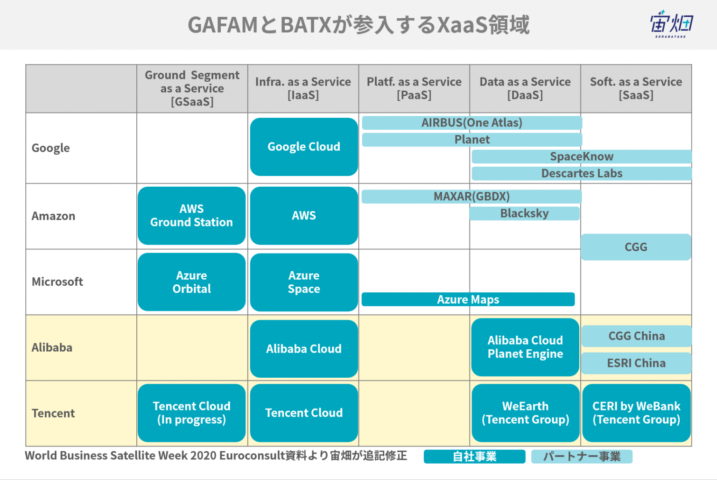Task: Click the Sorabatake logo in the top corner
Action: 671,24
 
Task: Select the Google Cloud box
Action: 304,147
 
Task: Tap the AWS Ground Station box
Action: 191,216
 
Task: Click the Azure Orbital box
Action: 191,282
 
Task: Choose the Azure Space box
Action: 304,282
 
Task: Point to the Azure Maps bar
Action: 468,299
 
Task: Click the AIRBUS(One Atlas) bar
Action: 472,123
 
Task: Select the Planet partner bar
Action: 472,140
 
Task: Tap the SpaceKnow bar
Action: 582,156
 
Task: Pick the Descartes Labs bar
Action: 582,174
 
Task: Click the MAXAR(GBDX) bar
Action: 471,196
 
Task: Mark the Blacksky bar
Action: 524,213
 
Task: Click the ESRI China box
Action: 636,363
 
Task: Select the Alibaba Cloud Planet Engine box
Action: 525,347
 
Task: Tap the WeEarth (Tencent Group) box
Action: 525,413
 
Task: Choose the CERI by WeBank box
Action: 636,413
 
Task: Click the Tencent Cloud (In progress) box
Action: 191,413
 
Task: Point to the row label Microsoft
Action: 57,282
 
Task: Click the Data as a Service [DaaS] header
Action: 525,88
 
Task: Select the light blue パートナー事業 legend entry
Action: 582,456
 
